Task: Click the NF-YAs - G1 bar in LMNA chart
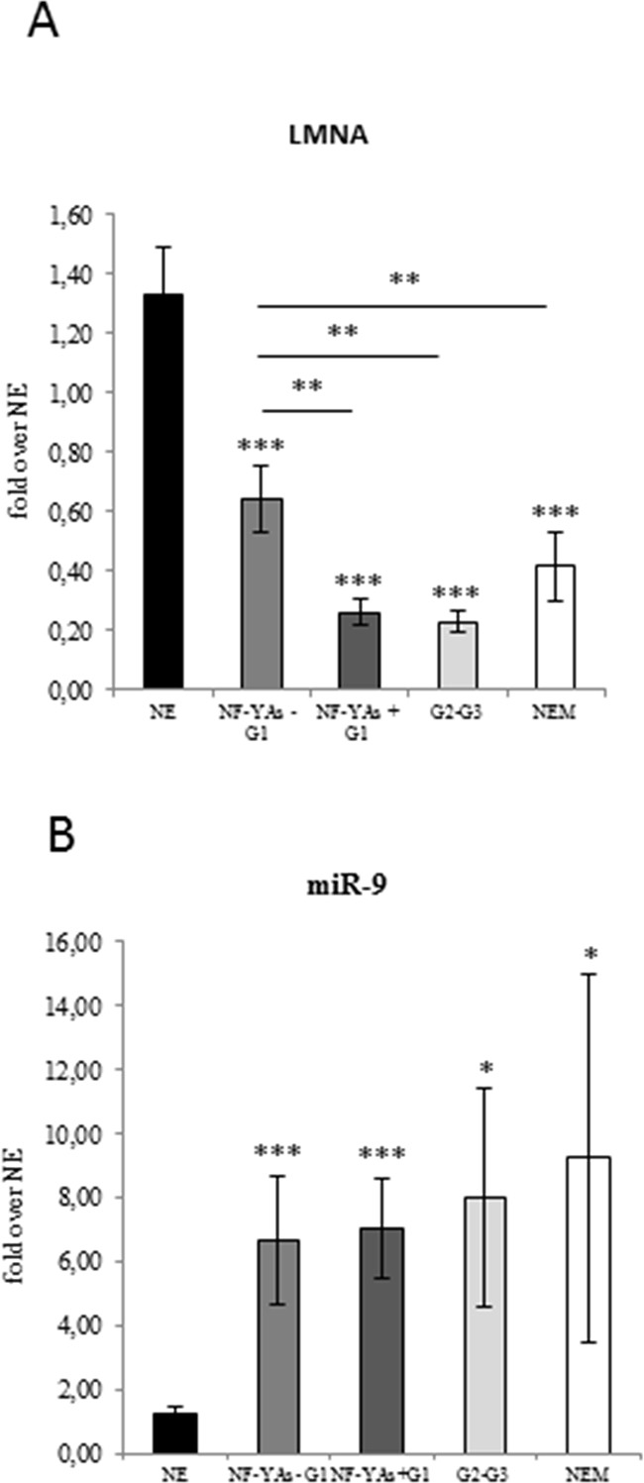(x=263, y=593)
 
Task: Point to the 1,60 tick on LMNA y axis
(x=85, y=215)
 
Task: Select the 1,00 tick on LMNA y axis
(x=85, y=393)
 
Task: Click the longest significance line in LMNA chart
(x=401, y=306)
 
